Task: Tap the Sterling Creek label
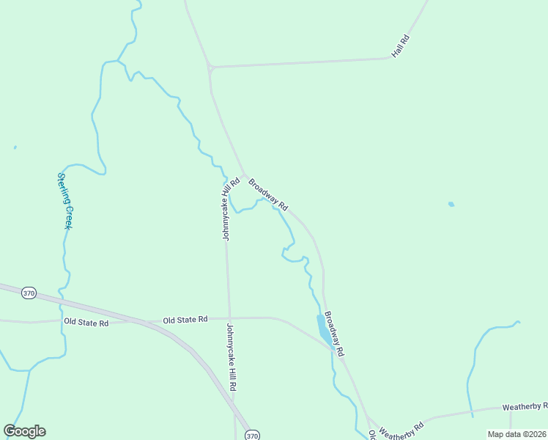[64, 201]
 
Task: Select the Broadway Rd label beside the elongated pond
[334, 334]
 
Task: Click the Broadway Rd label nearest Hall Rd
[268, 194]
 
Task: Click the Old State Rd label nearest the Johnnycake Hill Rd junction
[185, 320]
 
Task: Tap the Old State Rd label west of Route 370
[86, 322]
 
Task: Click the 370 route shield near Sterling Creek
[29, 293]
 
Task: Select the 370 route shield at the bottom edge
[252, 435]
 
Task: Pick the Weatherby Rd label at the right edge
[525, 406]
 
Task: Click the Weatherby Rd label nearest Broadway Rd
[402, 427]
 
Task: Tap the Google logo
[24, 431]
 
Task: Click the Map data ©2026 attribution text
[516, 434]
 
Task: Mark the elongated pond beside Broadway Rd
[323, 329]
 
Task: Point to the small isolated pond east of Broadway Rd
[451, 204]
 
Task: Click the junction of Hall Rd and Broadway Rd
[210, 67]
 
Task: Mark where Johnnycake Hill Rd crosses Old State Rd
[229, 318]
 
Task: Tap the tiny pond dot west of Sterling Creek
[15, 147]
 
